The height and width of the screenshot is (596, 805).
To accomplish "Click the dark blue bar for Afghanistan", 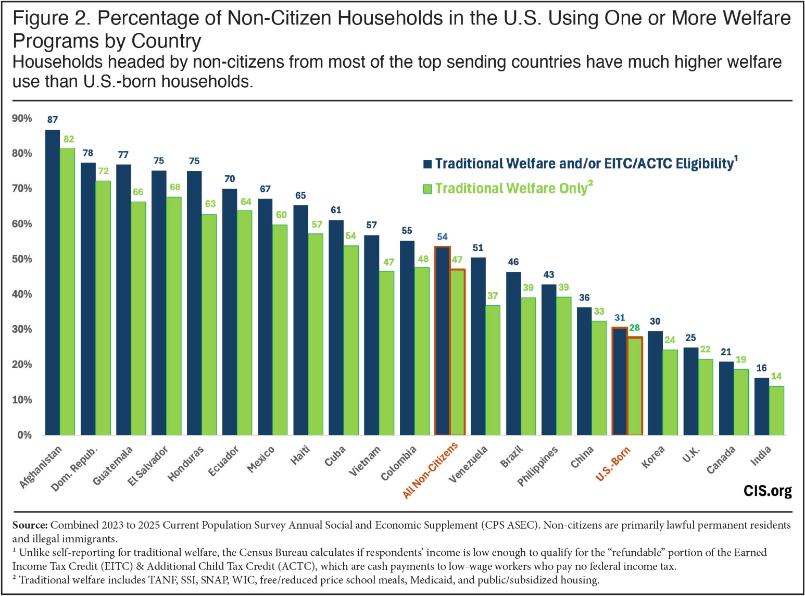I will coord(53,282).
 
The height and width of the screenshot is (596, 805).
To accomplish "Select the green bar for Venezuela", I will coord(493,370).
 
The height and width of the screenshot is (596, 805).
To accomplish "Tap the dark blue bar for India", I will coord(761,406).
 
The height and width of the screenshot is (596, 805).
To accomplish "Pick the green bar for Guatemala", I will coord(138,318).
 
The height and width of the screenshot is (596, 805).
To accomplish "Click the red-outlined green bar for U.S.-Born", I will coord(635,386).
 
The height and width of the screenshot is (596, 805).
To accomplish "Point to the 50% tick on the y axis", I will coord(22,259).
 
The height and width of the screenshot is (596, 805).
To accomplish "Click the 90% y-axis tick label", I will coord(22,118).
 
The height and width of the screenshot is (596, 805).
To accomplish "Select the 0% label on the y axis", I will coord(24,435).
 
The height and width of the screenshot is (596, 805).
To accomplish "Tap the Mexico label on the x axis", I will coord(260,459).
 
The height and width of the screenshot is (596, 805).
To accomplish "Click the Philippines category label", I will coord(537,466).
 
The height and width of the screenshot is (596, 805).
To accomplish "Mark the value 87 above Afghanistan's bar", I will coord(53,120).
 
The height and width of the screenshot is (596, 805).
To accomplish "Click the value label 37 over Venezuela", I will coord(493,296).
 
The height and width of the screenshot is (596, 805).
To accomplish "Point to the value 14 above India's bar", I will coord(776,376).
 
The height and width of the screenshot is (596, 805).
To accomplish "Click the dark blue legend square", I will coord(427,164).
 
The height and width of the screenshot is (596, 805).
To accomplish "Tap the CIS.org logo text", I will coord(768,491).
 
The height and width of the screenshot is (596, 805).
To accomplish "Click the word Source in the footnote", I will coord(30,525).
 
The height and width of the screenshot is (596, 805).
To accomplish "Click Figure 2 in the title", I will coord(48,18).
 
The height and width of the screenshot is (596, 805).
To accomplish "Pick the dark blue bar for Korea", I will coord(655,383).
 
